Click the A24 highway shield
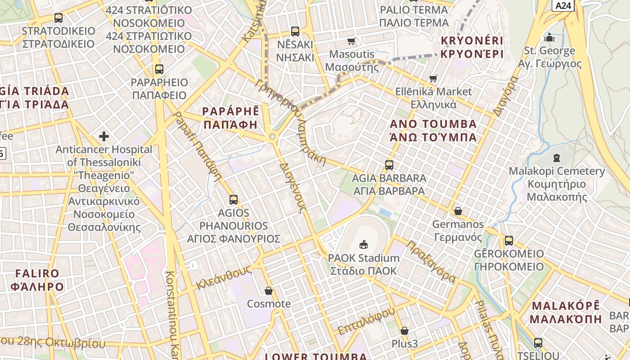(563, 5)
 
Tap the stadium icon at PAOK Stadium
(364, 244)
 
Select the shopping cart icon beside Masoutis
(351, 41)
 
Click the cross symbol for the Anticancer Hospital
(104, 136)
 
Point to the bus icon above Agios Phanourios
(233, 199)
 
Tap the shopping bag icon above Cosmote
(269, 291)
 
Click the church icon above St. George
(549, 37)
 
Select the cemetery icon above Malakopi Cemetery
(557, 158)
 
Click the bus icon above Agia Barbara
(389, 165)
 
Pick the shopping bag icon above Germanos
(458, 211)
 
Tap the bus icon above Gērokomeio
(508, 240)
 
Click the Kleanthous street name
(224, 278)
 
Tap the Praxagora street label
(431, 261)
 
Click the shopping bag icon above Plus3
(405, 331)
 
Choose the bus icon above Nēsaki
(295, 31)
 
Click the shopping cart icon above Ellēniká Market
(433, 79)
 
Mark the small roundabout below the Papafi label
(272, 136)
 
